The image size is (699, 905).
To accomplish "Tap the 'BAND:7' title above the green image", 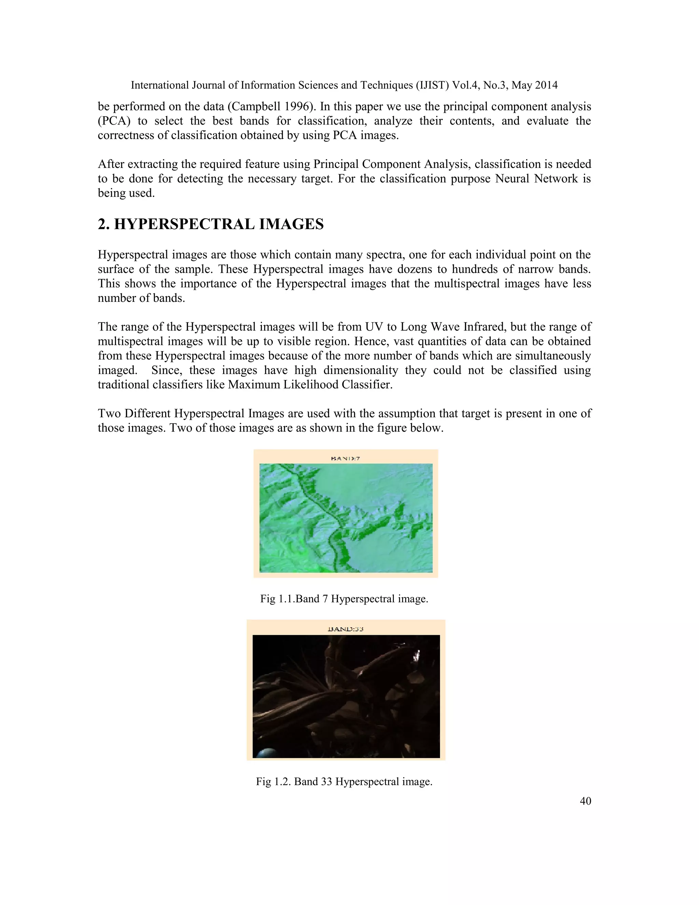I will (x=345, y=458).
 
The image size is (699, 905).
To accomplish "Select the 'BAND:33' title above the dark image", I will (x=345, y=629).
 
